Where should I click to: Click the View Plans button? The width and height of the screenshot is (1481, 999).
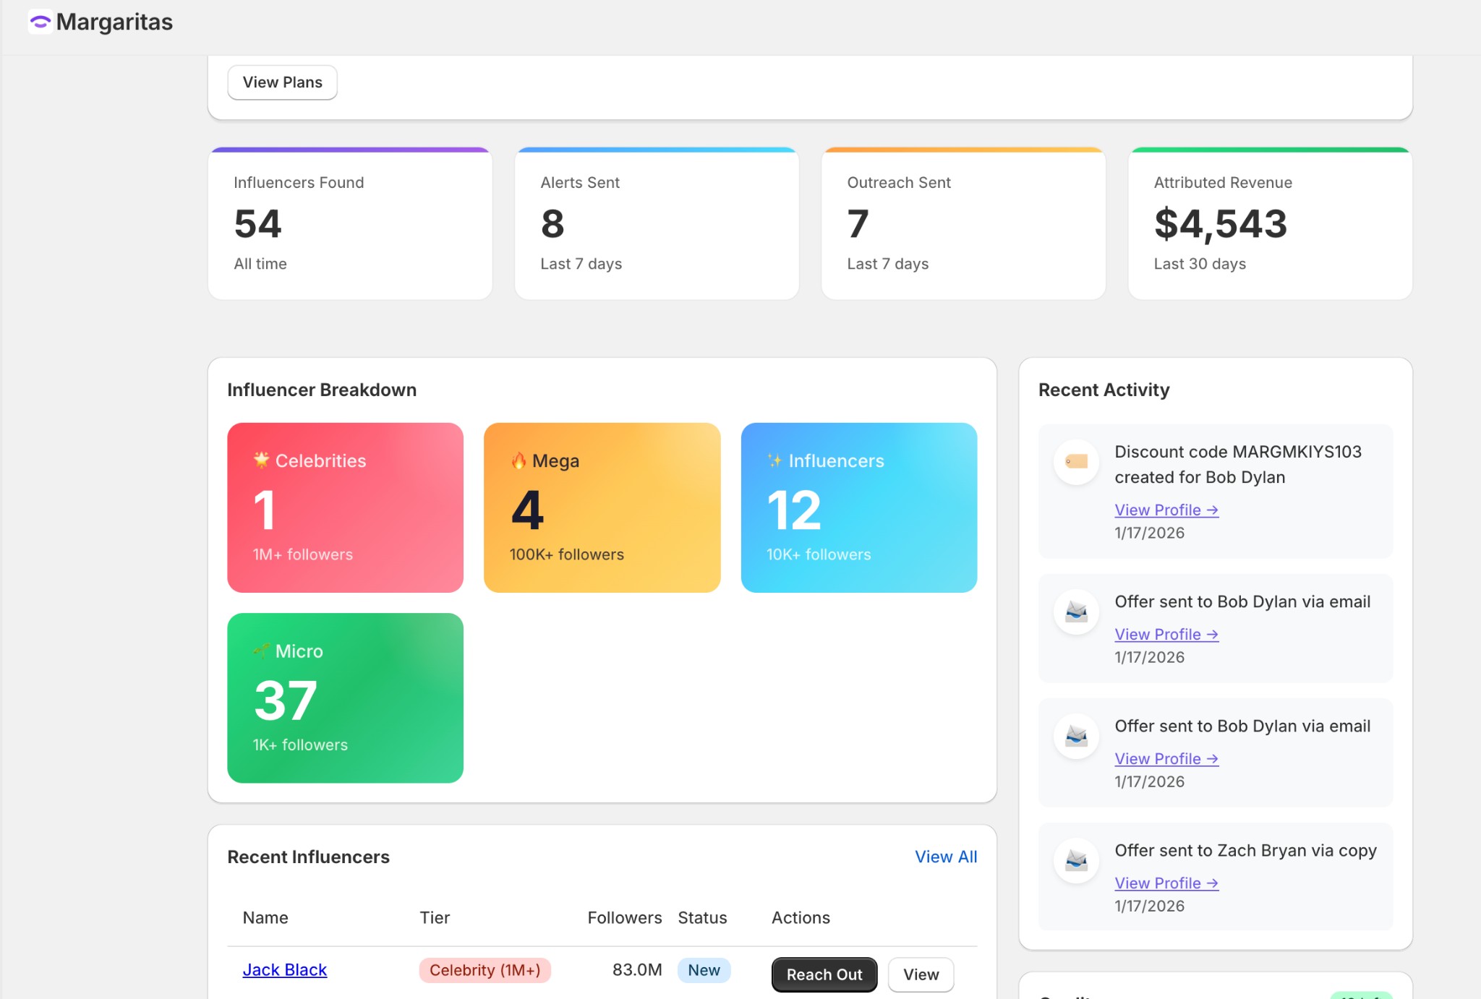[x=282, y=82]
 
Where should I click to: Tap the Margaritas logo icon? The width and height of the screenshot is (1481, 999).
[x=40, y=22]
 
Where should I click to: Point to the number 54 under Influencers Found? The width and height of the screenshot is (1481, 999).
[x=257, y=223]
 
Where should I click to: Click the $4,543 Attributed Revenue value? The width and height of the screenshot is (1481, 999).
[x=1221, y=223]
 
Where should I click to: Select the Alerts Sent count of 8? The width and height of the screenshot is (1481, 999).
[x=552, y=223]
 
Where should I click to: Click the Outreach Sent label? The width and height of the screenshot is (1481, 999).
[x=898, y=183]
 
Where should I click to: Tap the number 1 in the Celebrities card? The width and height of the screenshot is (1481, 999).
[x=265, y=510]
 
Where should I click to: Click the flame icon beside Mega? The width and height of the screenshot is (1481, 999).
[x=518, y=460]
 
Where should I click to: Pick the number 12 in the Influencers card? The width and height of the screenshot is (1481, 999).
[x=794, y=510]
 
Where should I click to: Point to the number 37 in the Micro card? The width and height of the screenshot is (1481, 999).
[x=286, y=700]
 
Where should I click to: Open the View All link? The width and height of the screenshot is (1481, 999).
[x=945, y=857]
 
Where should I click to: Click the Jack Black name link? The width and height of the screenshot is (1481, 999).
[x=284, y=970]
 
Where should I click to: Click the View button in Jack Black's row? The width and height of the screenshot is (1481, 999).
[x=921, y=974]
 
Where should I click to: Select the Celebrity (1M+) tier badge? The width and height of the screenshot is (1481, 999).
[x=485, y=970]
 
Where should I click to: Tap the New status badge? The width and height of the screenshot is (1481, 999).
[x=704, y=970]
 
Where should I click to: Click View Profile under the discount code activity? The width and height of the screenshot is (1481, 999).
[x=1166, y=510]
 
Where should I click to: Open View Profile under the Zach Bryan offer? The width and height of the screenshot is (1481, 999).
[x=1166, y=883]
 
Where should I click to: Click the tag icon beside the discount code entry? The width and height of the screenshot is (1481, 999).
[x=1076, y=461]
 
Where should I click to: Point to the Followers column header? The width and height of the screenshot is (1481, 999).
[x=624, y=918]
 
